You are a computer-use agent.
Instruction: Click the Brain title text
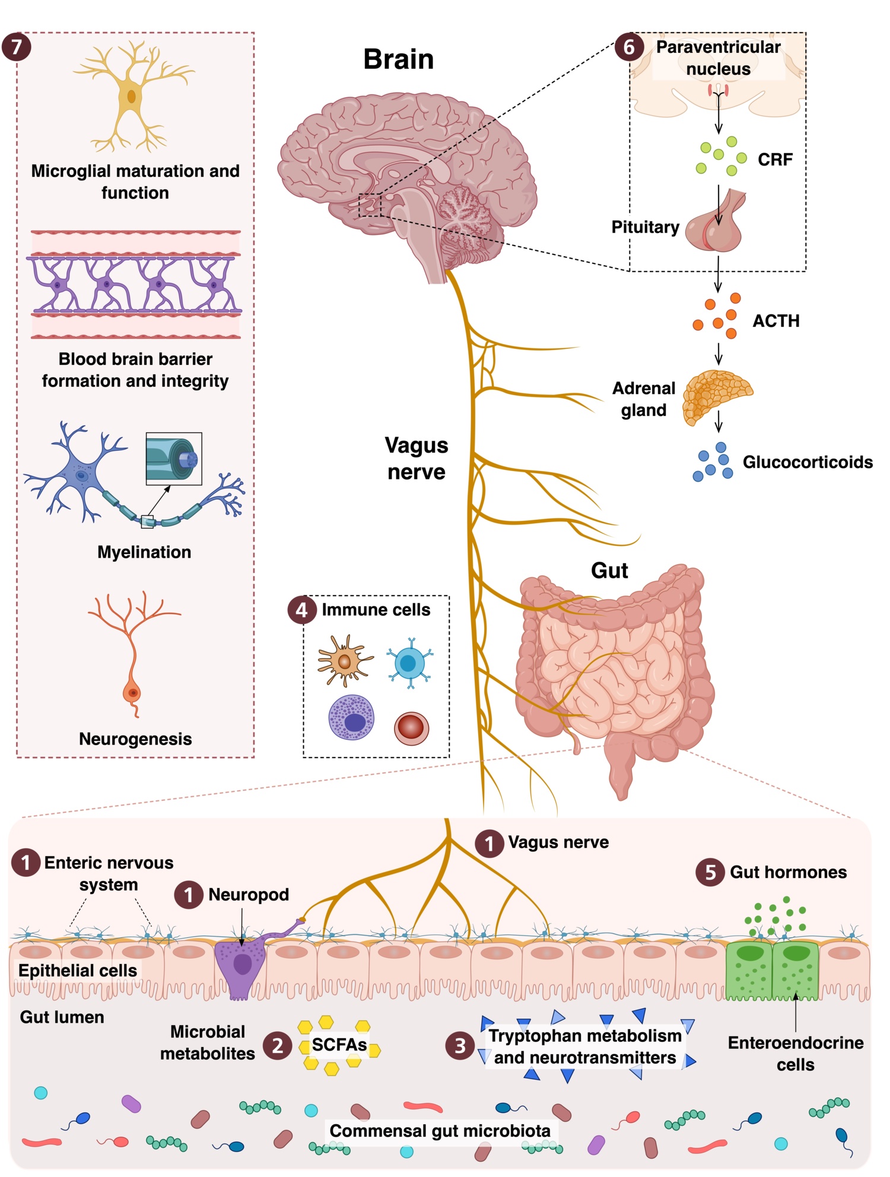pyautogui.click(x=398, y=59)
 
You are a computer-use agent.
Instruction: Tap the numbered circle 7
pyautogui.click(x=16, y=47)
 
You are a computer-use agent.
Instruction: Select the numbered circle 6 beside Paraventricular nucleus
pyautogui.click(x=628, y=47)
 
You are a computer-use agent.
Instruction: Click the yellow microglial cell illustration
pyautogui.click(x=132, y=95)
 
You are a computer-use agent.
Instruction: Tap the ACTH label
pyautogui.click(x=775, y=321)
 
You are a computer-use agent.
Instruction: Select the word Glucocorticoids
pyautogui.click(x=807, y=462)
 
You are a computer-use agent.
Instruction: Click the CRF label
pyautogui.click(x=775, y=160)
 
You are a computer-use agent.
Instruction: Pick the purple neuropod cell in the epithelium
pyautogui.click(x=240, y=964)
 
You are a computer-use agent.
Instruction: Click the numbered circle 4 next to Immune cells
pyautogui.click(x=302, y=610)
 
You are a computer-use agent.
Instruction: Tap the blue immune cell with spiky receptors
pyautogui.click(x=409, y=663)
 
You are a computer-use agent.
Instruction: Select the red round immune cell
pyautogui.click(x=411, y=728)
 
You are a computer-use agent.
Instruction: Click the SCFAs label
pyautogui.click(x=339, y=1045)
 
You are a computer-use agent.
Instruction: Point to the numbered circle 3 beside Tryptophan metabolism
pyautogui.click(x=460, y=1046)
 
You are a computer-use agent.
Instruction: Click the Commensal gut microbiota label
pyautogui.click(x=440, y=1131)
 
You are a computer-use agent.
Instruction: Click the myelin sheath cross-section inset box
pyautogui.click(x=174, y=459)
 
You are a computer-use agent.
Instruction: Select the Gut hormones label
pyautogui.click(x=788, y=872)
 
